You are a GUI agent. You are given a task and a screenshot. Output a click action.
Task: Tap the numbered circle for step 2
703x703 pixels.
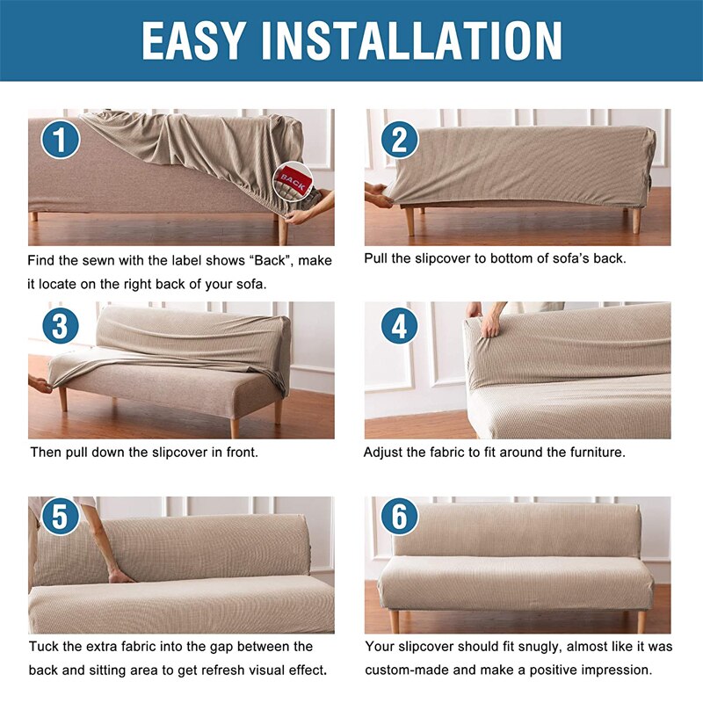point(400,140)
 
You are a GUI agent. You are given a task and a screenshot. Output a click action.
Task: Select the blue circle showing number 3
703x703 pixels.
point(61,325)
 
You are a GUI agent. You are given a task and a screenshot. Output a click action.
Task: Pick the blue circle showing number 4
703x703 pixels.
point(400,326)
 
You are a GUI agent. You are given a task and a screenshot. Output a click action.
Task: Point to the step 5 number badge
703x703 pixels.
point(60,516)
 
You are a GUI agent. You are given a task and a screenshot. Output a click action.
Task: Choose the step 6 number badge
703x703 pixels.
point(400,516)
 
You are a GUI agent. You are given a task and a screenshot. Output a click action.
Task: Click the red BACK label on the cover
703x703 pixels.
point(294,180)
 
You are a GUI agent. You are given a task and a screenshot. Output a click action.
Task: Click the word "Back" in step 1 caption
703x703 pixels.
point(270,260)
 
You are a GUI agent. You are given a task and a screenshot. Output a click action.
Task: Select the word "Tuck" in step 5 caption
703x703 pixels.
point(43,647)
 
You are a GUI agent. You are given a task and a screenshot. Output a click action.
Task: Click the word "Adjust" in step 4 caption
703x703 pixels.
point(382,453)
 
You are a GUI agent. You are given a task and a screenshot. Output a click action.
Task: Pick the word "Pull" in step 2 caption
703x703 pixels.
point(375,258)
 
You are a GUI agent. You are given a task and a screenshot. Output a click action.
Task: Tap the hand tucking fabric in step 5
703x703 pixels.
point(120,576)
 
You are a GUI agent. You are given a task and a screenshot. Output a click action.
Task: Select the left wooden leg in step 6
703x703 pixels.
point(395,621)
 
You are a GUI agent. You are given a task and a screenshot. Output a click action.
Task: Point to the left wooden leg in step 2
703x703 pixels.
point(409,221)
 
